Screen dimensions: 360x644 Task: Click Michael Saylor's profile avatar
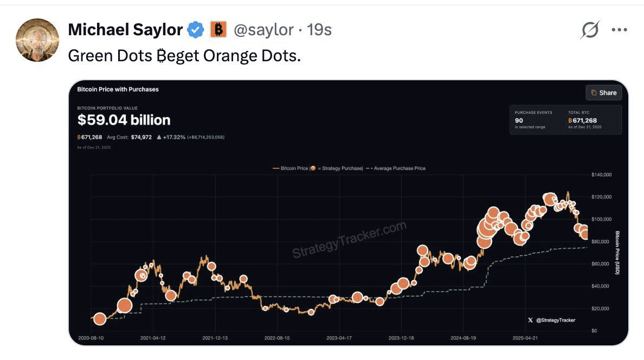[37, 40]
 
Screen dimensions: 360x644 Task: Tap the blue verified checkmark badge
[195, 30]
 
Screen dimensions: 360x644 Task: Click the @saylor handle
[263, 30]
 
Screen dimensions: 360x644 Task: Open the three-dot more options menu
[619, 30]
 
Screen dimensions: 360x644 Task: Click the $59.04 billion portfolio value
[124, 120]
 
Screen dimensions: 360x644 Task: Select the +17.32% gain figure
[174, 137]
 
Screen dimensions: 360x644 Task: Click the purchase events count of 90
[519, 120]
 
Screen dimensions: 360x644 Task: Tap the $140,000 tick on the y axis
[601, 175]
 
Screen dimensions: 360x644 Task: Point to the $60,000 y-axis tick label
[601, 264]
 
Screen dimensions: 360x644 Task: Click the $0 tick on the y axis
[595, 331]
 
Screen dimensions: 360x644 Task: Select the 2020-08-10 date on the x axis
[91, 338]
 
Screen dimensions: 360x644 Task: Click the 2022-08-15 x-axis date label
[277, 338]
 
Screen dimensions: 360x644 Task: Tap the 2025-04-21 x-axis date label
[525, 338]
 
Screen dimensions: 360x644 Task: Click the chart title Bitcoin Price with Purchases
[118, 89]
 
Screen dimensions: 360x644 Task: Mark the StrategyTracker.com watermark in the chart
[350, 240]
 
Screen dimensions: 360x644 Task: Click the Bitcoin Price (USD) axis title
[617, 253]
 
